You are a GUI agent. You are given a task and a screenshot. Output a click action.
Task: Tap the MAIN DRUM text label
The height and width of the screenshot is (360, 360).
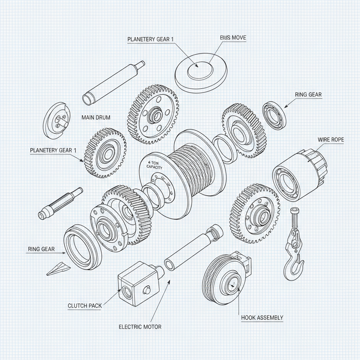96,117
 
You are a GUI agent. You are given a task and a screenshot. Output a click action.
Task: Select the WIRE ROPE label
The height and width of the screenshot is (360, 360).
330,140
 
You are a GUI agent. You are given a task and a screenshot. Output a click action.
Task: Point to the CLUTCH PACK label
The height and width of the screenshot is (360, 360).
84,306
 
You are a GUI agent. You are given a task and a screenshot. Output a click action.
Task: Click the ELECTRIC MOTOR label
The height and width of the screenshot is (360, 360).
140,327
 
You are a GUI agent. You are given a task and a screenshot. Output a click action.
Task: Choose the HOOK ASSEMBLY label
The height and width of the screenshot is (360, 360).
262,318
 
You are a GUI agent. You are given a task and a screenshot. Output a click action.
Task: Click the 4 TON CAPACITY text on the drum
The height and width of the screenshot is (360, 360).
154,165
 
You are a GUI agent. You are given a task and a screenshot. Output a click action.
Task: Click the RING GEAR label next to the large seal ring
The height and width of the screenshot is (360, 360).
41,249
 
